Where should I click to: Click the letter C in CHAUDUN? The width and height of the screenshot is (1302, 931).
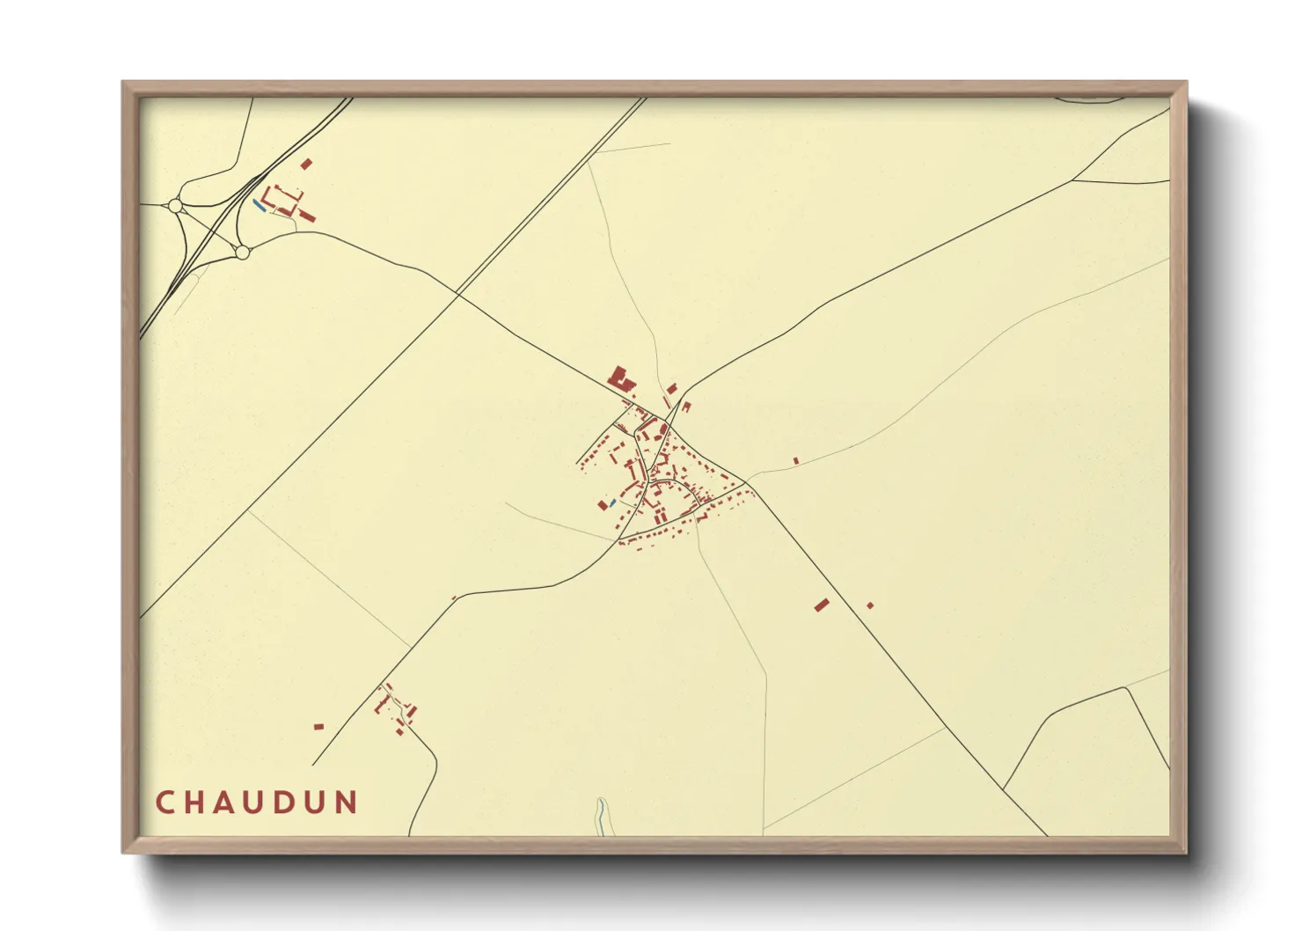click(165, 803)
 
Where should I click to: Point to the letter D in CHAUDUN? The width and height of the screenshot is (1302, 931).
click(289, 803)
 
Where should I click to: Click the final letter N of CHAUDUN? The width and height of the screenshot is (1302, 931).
click(347, 803)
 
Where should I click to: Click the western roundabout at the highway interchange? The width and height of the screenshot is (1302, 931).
click(175, 206)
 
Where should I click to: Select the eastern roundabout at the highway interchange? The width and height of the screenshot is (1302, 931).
click(242, 253)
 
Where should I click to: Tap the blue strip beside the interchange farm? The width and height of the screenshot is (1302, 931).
click(258, 205)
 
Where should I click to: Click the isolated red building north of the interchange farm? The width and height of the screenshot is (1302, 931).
click(306, 164)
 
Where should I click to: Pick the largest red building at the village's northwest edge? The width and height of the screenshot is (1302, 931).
click(620, 378)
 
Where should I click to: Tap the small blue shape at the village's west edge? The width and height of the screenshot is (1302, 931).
click(613, 502)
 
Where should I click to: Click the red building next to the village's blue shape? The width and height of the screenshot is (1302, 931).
click(603, 505)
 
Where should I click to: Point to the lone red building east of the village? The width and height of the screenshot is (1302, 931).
click(796, 460)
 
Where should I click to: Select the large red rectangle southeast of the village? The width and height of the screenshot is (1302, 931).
click(822, 605)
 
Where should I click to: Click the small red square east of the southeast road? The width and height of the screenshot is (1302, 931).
click(870, 605)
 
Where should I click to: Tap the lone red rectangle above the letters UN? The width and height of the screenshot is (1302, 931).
click(318, 727)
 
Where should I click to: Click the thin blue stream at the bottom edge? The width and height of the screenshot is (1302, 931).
click(600, 816)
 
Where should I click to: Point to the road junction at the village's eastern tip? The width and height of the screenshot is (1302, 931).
click(747, 483)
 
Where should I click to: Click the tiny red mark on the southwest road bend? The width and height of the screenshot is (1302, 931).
click(454, 598)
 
